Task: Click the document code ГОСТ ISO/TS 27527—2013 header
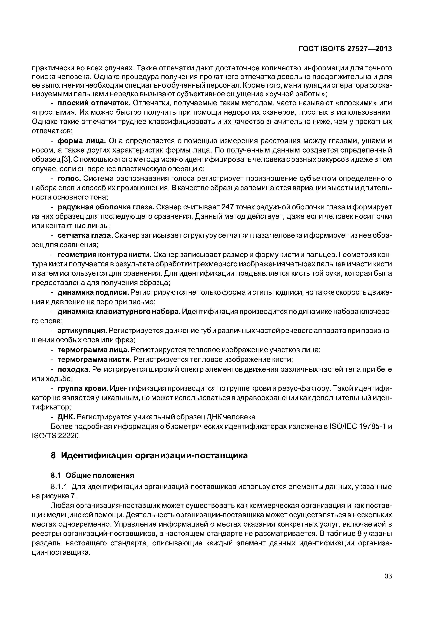click(345, 49)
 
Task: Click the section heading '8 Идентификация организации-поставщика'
click(149, 455)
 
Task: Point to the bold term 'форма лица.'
click(82, 141)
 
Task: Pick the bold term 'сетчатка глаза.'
click(85, 235)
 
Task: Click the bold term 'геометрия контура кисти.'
click(104, 255)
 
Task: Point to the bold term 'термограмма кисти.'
click(94, 359)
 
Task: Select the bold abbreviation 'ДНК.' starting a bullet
click(66, 417)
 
